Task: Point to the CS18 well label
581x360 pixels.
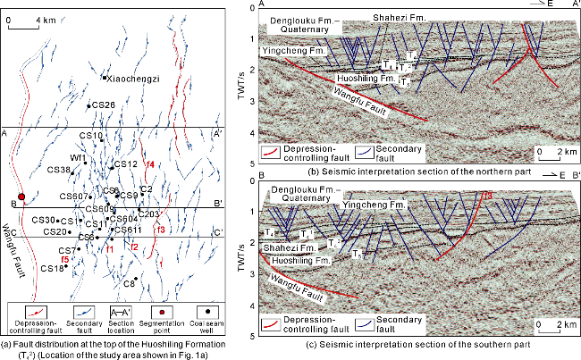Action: pos(52,268)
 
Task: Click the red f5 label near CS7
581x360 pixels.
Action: pos(65,260)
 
